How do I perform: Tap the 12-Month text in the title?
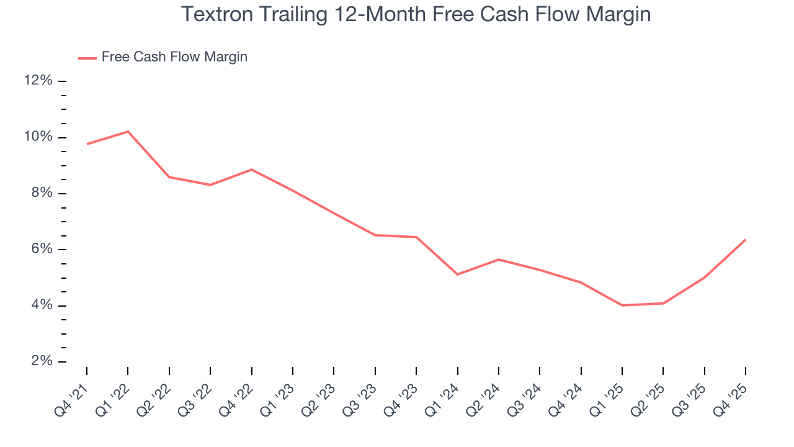[x=369, y=14]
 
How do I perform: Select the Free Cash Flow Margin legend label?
[x=174, y=57]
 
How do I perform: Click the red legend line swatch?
[x=87, y=58]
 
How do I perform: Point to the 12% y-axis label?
[x=38, y=81]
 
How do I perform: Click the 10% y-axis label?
[x=38, y=137]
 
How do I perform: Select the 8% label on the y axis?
[x=41, y=193]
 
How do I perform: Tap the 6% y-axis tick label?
[x=41, y=250]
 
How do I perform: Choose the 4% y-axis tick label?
[x=41, y=305]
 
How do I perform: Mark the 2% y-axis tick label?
[x=41, y=361]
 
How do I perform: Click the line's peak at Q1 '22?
[x=128, y=132]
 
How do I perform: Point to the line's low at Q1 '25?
[x=622, y=305]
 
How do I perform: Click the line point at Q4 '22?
[x=251, y=169]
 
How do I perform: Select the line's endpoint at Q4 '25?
[x=745, y=240]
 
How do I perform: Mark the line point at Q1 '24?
[x=457, y=274]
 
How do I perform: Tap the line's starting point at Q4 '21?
[x=87, y=144]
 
